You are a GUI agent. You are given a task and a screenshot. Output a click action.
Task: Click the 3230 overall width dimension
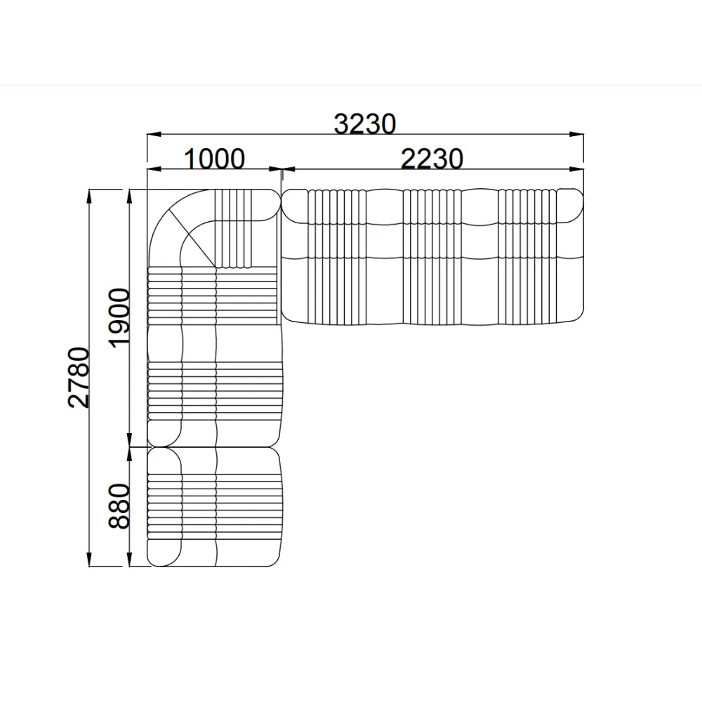coord(365,124)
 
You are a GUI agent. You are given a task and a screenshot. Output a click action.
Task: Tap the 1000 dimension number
coord(214,159)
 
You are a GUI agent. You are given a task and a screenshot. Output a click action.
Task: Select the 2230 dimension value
coord(432,159)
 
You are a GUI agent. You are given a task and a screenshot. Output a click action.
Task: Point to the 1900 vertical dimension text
coord(119,317)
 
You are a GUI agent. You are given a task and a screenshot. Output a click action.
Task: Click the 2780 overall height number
coord(79,377)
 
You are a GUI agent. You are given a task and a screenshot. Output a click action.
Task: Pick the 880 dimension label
coord(119,506)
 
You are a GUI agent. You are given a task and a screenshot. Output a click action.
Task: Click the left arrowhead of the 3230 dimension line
coord(154,134)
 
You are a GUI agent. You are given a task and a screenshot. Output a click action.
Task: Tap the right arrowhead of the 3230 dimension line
coord(576,134)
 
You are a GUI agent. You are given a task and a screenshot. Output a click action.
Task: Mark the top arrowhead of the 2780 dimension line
coord(90,197)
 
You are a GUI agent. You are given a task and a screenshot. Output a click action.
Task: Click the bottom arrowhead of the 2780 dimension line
coord(90,559)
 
